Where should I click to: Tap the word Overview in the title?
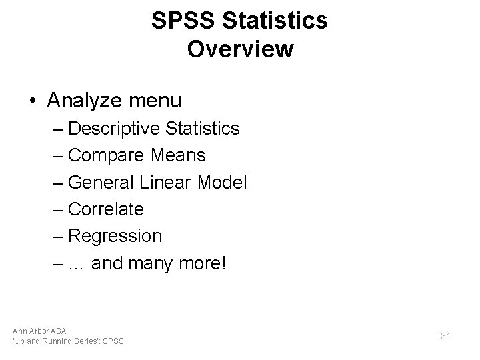240,49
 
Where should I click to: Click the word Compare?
106,155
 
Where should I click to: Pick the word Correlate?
106,209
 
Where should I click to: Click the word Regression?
115,236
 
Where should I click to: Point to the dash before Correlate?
59,209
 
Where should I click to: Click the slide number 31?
446,337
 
